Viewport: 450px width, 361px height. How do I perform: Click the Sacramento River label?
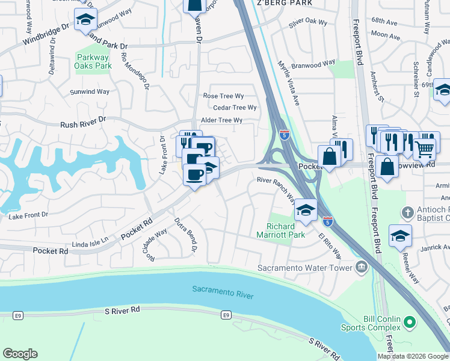tap(223, 292)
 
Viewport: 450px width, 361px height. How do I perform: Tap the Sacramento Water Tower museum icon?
tap(361, 267)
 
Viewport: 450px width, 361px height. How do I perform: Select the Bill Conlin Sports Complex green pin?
tap(410, 322)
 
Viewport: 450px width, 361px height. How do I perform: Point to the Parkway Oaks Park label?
tap(94, 61)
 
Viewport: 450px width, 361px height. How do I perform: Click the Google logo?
tap(20, 354)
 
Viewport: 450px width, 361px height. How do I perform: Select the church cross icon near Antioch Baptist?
tap(408, 212)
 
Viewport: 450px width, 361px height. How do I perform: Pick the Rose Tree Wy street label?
tap(223, 96)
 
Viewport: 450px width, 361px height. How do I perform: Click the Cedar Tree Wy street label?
tap(230, 108)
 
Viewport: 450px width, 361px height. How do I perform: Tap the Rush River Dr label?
tap(83, 123)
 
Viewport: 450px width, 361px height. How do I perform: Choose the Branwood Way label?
tap(313, 63)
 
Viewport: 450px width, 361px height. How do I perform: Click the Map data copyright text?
tap(413, 356)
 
